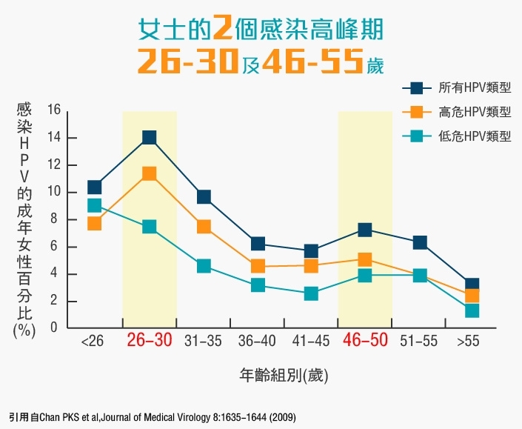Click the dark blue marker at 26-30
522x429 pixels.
149,137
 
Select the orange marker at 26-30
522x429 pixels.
149,174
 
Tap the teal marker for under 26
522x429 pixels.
95,205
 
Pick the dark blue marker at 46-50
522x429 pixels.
365,230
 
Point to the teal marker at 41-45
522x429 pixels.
311,293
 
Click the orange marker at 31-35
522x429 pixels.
204,227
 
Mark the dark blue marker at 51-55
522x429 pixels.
420,242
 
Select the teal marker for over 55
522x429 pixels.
472,310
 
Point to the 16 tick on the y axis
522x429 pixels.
53,110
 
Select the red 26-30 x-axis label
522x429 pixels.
149,342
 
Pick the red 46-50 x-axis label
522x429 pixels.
365,342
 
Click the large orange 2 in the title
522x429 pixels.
222,29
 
